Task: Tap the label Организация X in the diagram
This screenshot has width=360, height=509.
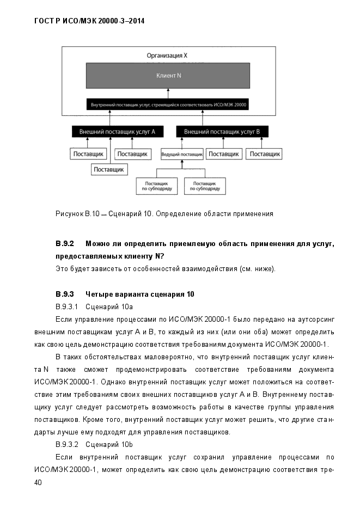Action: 167,56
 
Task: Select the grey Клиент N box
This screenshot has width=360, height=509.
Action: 168,75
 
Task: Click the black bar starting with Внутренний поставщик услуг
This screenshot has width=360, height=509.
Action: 168,105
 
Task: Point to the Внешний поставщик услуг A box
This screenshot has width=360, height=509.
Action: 117,132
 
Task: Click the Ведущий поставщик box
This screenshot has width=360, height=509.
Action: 181,155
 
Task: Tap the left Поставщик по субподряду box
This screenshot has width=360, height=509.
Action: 157,186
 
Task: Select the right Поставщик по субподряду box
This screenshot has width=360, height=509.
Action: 205,186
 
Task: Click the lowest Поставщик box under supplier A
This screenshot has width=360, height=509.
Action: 109,169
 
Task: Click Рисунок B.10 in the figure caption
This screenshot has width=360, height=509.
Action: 77,214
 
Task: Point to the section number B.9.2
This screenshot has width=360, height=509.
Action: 65,243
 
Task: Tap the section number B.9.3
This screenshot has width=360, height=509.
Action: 65,295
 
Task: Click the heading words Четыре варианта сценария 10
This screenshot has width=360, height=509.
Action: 140,295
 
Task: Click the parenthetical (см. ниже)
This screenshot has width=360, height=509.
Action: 258,269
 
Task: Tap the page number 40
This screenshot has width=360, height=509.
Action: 38,482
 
